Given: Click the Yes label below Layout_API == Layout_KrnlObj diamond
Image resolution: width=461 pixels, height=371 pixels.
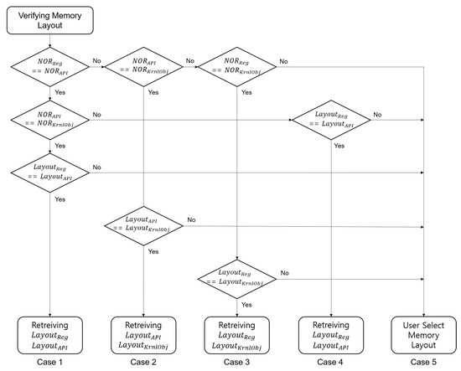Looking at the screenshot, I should click(x=153, y=250).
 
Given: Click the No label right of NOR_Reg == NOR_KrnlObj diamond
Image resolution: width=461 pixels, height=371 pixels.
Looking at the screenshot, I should click(x=285, y=60).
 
